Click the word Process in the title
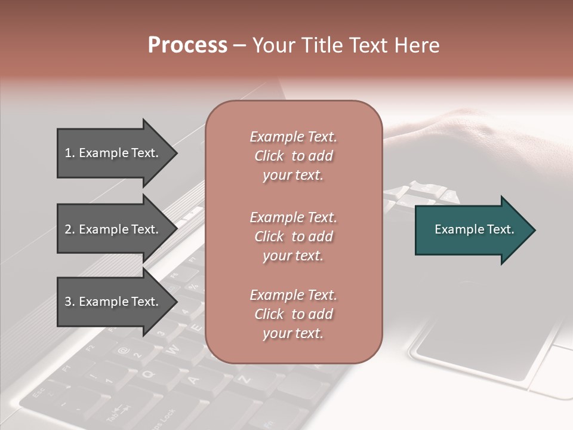[187, 45]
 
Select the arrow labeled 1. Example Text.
[113, 153]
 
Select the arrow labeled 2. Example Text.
[113, 229]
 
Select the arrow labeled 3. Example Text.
[113, 302]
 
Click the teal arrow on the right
[472, 229]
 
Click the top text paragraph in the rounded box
[293, 156]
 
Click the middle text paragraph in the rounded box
[293, 236]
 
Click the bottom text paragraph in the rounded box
[293, 314]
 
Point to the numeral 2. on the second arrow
[70, 229]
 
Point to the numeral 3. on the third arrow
[70, 302]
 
